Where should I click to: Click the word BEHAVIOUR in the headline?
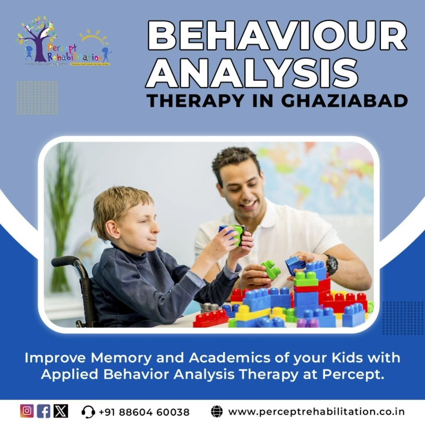(276, 36)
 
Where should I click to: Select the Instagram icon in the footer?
(27, 411)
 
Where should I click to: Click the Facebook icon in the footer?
(44, 411)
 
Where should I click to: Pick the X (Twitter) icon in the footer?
(61, 411)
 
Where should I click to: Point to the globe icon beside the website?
(217, 411)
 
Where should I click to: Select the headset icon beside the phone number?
(88, 412)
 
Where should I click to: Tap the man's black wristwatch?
(331, 264)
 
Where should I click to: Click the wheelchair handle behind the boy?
(64, 261)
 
